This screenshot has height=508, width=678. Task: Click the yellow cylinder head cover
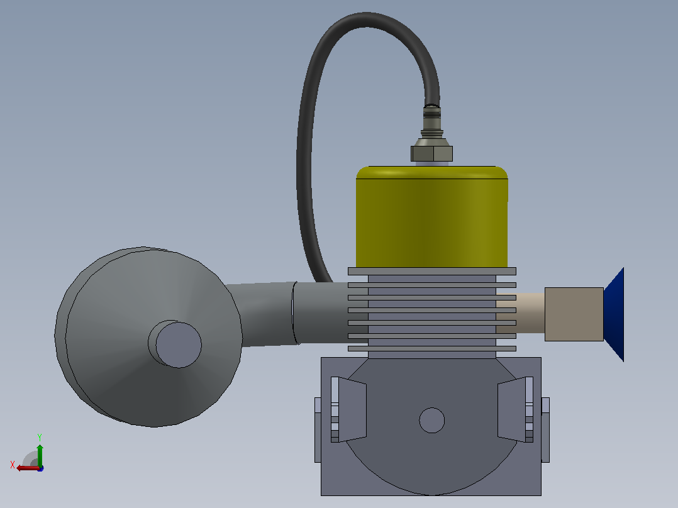[431, 217]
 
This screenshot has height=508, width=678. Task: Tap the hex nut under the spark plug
[431, 153]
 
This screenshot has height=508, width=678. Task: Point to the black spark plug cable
[308, 130]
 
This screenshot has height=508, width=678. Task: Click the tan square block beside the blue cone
[574, 314]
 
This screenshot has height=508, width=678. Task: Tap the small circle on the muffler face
[178, 345]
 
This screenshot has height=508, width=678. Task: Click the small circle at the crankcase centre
[432, 420]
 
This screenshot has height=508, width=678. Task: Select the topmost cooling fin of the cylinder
[432, 271]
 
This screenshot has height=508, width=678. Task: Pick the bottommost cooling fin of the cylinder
[432, 348]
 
